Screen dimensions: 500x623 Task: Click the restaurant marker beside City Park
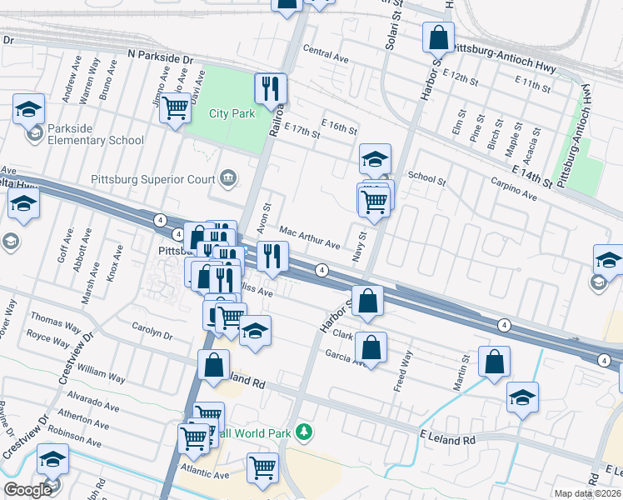tap(271, 89)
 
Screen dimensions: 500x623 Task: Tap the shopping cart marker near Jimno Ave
tap(175, 107)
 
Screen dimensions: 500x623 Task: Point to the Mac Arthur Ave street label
tap(310, 238)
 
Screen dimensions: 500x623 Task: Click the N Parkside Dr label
tap(161, 57)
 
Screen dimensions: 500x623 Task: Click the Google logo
tap(27, 490)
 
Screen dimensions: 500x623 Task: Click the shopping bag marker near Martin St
tap(494, 362)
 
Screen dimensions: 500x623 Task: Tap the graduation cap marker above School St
tap(375, 158)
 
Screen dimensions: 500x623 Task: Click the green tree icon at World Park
tap(306, 431)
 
